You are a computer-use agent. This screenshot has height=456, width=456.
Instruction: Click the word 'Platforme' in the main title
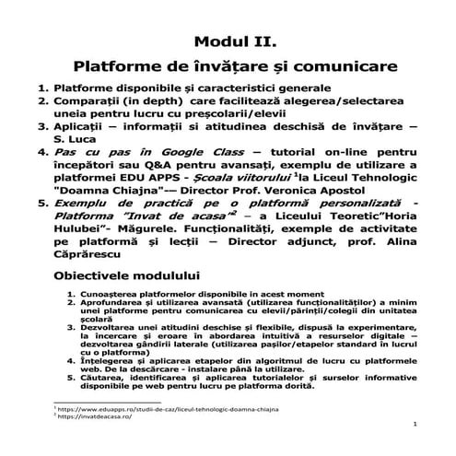pos(114,67)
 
